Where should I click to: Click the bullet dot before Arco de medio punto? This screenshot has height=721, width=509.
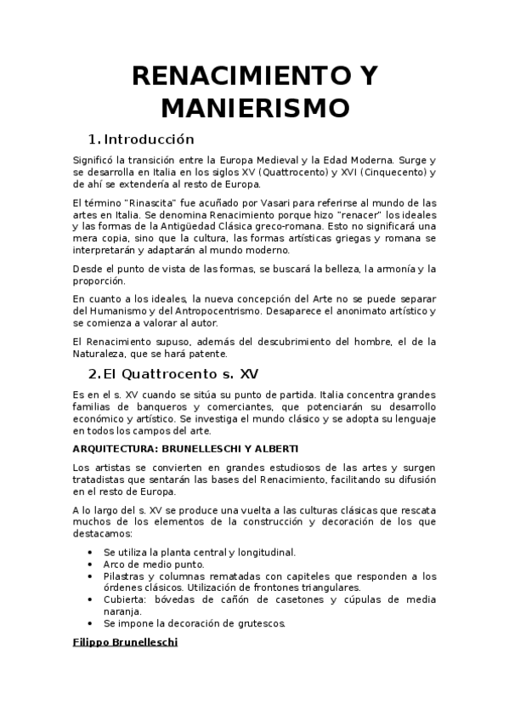tap(91, 565)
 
